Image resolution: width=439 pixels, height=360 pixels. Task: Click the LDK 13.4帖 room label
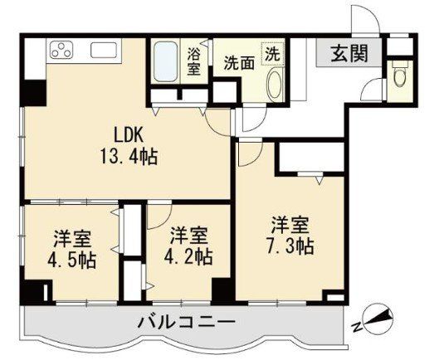(129, 145)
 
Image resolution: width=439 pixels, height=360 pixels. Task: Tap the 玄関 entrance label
(349, 53)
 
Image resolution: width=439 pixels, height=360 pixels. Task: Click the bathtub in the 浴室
(165, 62)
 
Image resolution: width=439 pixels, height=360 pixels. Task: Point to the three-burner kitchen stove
(61, 50)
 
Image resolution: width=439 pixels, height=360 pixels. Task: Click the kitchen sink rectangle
(104, 51)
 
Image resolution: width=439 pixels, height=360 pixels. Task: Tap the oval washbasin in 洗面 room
(274, 84)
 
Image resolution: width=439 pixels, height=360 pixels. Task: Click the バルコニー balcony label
(187, 322)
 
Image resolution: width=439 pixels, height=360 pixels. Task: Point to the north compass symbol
(378, 321)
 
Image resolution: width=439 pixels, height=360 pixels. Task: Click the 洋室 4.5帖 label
(72, 250)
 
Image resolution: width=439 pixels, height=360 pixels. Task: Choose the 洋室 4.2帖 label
(188, 246)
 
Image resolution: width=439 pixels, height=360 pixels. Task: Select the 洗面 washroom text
(239, 63)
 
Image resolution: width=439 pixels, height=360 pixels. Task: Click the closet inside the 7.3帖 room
(311, 157)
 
